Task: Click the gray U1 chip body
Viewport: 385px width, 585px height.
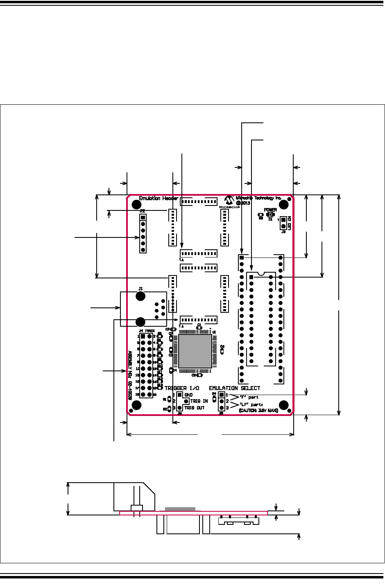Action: coord(195,351)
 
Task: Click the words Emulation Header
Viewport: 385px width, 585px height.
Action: coord(159,199)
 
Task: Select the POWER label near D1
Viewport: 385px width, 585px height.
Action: coord(270,210)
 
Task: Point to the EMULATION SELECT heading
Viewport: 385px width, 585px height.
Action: coord(234,388)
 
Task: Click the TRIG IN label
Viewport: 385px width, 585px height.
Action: coord(199,401)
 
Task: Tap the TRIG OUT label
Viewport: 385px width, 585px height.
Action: coord(194,408)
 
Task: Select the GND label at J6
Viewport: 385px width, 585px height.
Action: coord(188,395)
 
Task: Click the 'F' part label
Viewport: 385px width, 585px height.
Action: coord(249,397)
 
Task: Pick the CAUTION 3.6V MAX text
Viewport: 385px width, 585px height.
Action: coord(258,410)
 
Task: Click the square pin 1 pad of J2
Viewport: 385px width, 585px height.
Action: coord(143,217)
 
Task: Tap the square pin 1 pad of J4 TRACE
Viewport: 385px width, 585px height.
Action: coord(143,336)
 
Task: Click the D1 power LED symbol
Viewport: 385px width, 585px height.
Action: coord(270,215)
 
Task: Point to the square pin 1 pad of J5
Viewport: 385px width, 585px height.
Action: coord(222,395)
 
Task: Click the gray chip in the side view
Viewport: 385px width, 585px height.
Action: coord(180,509)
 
